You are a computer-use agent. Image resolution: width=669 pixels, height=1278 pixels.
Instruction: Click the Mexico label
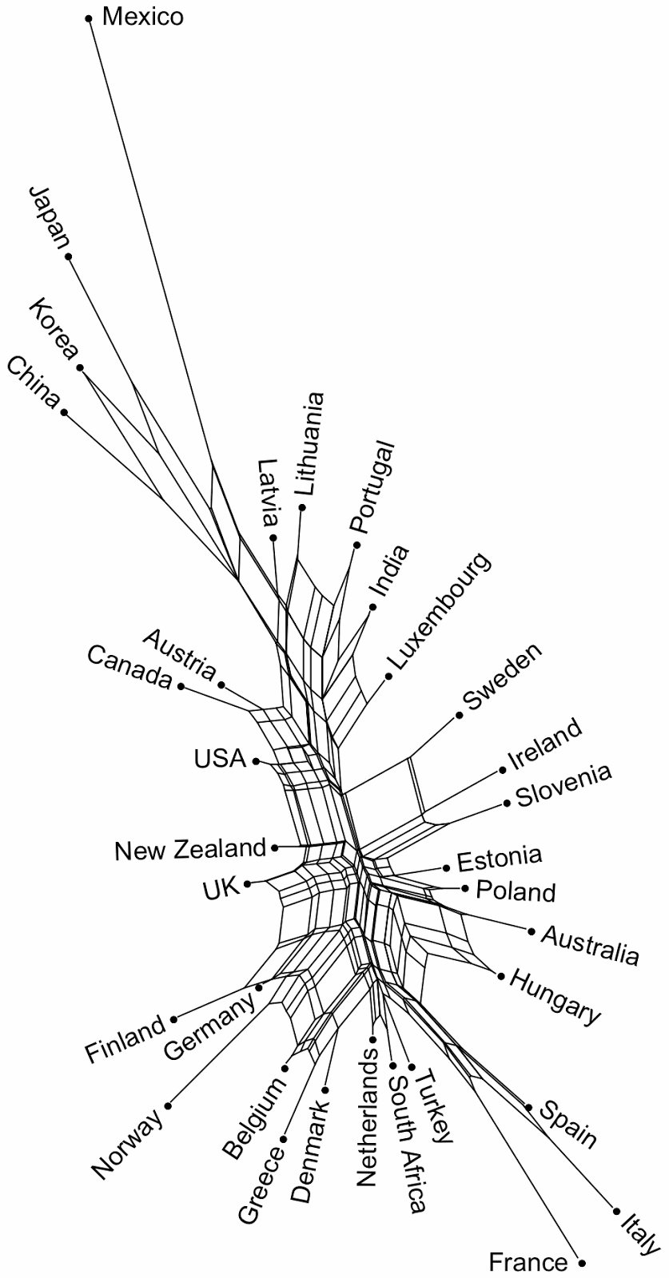tap(143, 17)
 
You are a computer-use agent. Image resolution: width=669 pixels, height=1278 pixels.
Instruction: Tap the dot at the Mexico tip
tap(90, 17)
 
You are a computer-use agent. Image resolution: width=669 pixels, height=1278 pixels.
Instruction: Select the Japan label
tap(49, 217)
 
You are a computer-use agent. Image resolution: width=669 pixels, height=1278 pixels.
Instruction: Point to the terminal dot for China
tap(64, 413)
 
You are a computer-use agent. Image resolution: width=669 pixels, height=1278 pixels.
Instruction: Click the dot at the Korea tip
tap(81, 368)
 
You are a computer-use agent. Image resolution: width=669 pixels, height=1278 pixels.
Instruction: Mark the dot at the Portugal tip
tap(357, 545)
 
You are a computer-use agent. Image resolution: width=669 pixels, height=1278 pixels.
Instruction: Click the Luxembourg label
tap(438, 611)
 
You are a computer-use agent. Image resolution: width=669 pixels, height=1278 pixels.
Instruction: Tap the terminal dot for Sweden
tap(460, 715)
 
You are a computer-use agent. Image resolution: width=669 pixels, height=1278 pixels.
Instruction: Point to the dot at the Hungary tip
tap(501, 976)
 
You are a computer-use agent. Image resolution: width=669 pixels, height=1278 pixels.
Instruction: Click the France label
tap(528, 1263)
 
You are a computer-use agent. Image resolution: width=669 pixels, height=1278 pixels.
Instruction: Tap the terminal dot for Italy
tap(616, 1211)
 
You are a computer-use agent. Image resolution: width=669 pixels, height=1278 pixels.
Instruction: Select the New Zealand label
tap(189, 849)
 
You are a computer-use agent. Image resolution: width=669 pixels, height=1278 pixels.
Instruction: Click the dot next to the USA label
tap(256, 761)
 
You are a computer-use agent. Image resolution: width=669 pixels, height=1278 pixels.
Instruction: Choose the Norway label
tap(127, 1144)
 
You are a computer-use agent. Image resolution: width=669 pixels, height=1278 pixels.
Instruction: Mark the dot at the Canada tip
tap(181, 686)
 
